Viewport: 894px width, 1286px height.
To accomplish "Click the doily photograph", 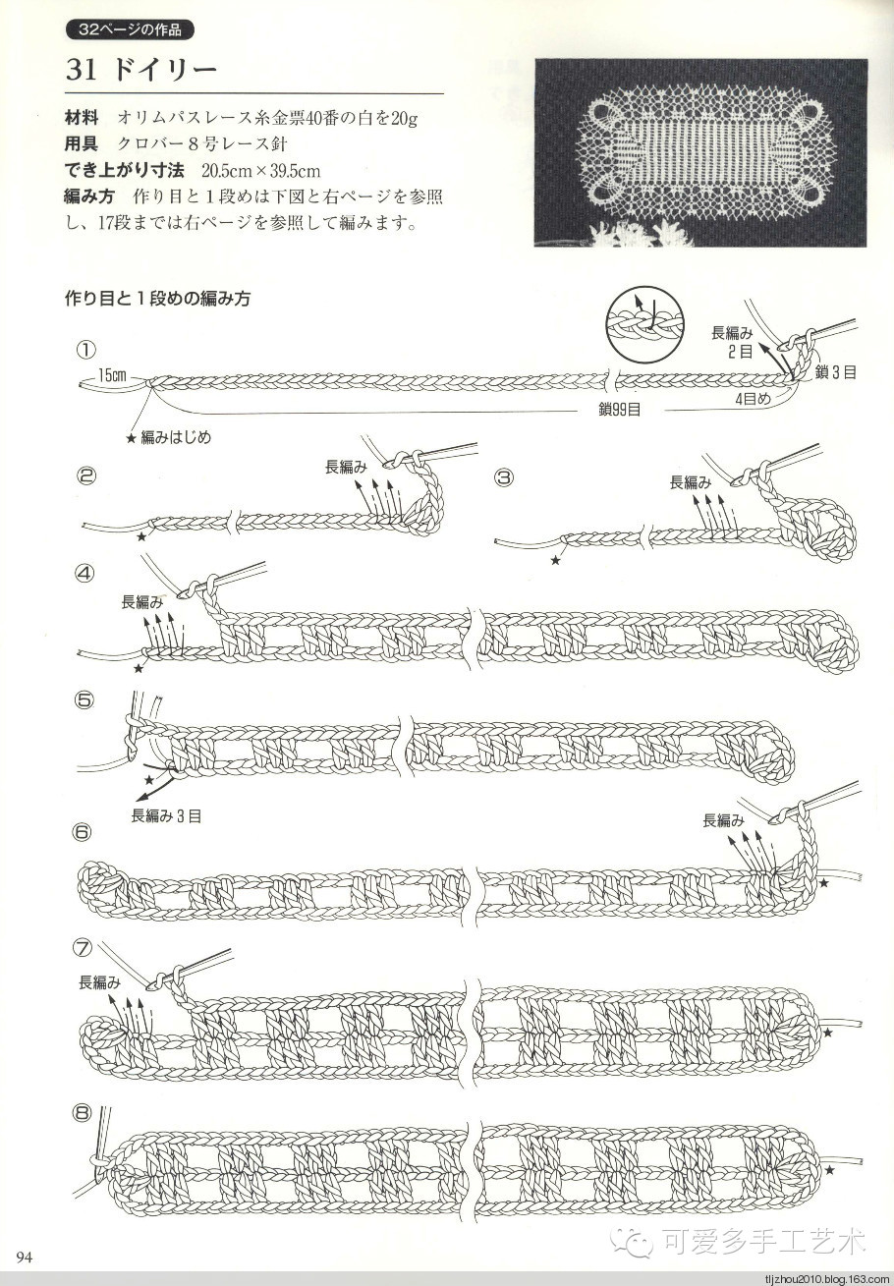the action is (x=700, y=152).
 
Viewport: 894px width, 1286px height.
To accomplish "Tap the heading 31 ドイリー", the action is (x=141, y=70).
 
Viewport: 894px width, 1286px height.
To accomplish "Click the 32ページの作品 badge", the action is (x=130, y=29).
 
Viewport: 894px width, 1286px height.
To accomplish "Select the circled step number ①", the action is (x=86, y=349).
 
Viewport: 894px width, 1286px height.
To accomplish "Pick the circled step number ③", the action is (x=504, y=477).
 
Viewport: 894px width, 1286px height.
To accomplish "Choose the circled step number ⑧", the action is (x=83, y=1114).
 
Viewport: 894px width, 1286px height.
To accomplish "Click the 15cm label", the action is (x=112, y=375).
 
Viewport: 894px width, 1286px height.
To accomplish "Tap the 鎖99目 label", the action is (x=619, y=410).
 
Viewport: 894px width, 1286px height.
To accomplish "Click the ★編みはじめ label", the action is (x=169, y=437).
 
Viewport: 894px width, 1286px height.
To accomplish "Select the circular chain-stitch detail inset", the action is (x=643, y=325).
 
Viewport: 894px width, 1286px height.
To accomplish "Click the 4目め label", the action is (x=753, y=399).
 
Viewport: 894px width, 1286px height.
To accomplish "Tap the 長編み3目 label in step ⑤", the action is (x=166, y=815).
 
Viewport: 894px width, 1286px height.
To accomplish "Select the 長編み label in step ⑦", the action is (x=100, y=982).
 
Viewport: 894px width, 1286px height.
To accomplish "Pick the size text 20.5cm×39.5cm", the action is (x=261, y=171).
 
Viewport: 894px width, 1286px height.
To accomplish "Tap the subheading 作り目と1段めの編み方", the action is (x=158, y=299).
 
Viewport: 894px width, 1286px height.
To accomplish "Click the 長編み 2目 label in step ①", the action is (x=733, y=342).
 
